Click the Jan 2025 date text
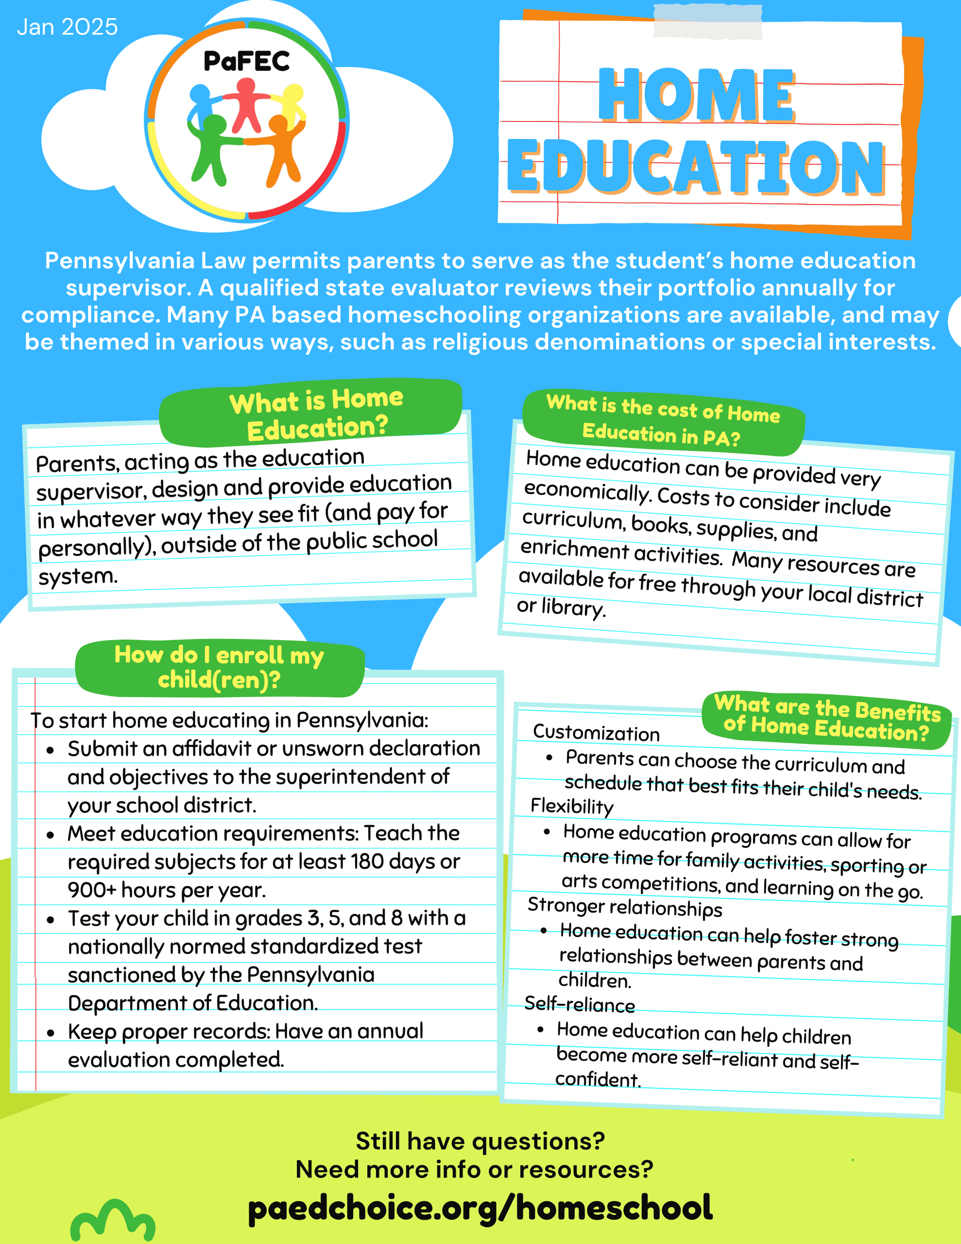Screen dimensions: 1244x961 [x=67, y=27]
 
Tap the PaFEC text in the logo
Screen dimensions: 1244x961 [x=247, y=62]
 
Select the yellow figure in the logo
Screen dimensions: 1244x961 [x=293, y=103]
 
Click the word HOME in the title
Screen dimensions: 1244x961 [x=696, y=95]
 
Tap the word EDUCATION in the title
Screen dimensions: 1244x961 [x=696, y=166]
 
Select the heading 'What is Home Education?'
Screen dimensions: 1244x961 [x=316, y=414]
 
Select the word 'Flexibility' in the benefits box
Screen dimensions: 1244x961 [x=572, y=806]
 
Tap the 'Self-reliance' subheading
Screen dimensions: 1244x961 [x=579, y=1003]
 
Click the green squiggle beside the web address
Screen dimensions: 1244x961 [x=113, y=1220]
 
